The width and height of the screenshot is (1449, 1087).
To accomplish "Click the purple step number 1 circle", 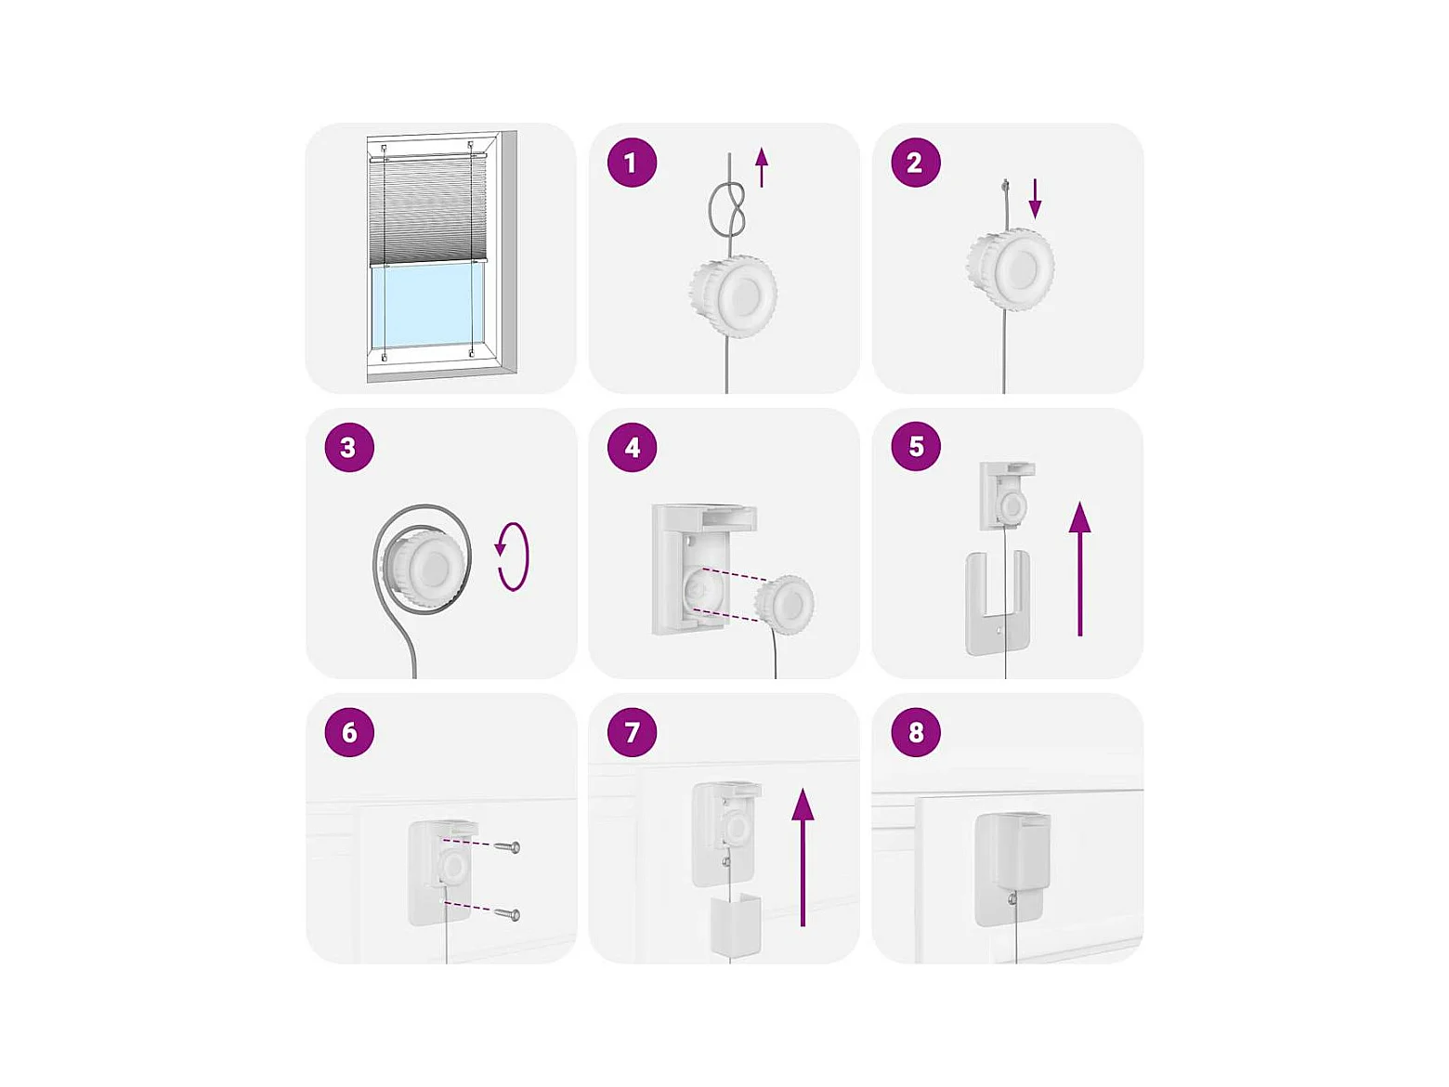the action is coord(632,163).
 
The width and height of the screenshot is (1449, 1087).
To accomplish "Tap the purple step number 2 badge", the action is coord(916,163).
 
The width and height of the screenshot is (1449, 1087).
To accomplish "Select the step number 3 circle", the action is coord(349,447).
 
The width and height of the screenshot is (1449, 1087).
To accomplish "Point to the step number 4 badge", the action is coord(632,447).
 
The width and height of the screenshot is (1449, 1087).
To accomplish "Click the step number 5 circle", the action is coord(916,446).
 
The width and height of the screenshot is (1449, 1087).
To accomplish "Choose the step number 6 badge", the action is coord(349,732).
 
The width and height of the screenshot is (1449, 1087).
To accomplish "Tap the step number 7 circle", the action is coord(632,732).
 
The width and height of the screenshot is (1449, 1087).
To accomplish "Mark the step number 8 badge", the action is coord(916,732).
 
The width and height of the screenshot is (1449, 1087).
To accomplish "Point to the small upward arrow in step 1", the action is coord(762,167).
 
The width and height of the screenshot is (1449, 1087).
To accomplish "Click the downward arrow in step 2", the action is coord(1035,199).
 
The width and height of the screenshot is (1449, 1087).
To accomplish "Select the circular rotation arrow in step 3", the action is coord(513,557).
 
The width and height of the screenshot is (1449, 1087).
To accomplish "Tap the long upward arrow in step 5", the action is coord(1080,569).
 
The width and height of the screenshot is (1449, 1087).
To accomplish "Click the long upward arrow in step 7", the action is coord(803,857).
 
